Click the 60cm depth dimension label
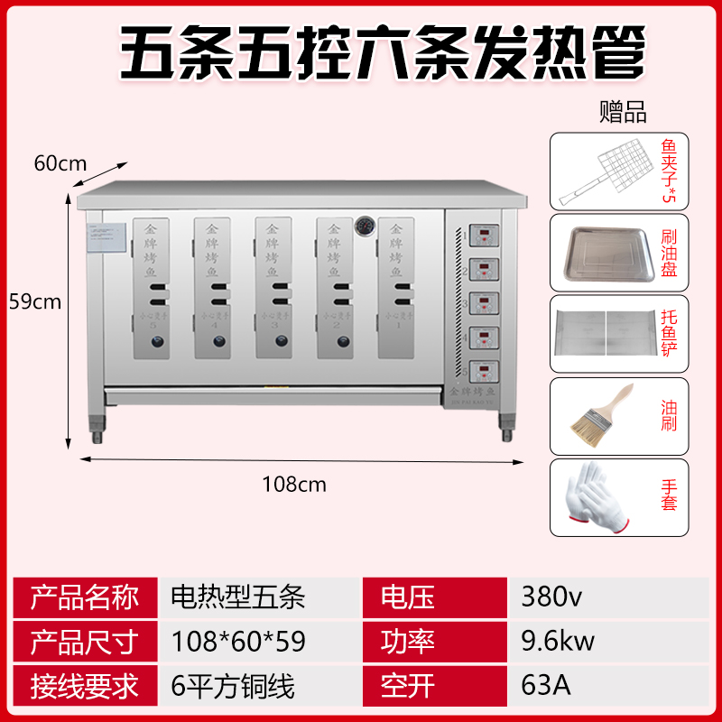tap(60, 163)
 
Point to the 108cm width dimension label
tap(294, 485)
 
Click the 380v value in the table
tap(546, 597)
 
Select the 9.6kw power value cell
tap(558, 642)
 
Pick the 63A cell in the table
tap(546, 686)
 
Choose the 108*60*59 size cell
tap(238, 642)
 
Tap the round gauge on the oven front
tap(365, 224)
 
